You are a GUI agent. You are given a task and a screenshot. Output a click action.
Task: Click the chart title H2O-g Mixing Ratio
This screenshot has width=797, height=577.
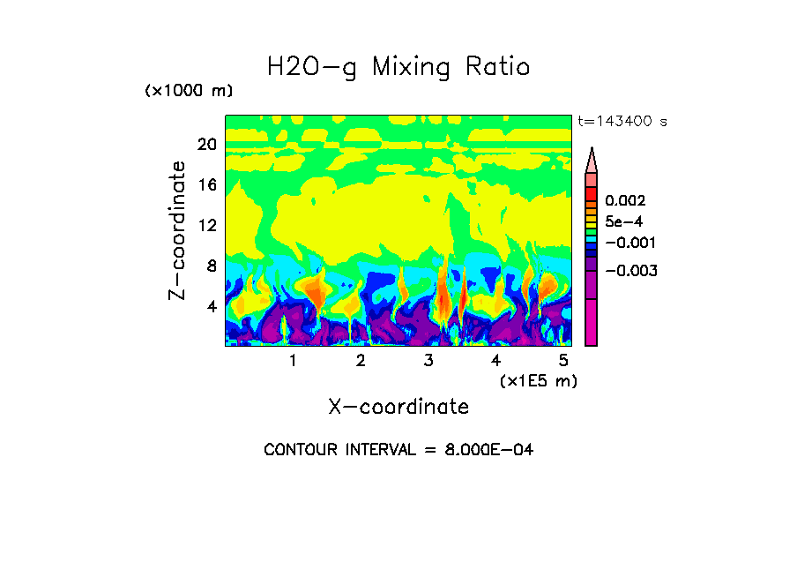[398, 67]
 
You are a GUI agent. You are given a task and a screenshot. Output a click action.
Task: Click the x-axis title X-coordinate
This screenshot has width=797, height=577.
[398, 407]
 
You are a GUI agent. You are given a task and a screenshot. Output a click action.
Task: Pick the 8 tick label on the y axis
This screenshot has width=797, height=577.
[210, 266]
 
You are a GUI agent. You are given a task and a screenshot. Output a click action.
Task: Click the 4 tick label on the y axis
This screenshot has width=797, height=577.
[210, 306]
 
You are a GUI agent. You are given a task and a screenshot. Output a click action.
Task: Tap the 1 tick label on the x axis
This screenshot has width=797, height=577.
[293, 361]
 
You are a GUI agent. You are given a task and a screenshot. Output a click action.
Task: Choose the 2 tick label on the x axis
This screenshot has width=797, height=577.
[361, 361]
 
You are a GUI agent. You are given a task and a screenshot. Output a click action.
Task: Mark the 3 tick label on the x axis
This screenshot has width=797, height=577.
[428, 361]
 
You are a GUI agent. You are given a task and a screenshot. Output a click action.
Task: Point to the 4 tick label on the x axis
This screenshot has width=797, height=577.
[495, 361]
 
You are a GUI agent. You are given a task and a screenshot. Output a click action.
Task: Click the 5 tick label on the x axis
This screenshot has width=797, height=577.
[563, 361]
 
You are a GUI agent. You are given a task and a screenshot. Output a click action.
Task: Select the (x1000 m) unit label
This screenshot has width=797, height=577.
[189, 92]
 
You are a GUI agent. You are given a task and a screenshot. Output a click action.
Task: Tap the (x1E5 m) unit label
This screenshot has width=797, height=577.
[538, 380]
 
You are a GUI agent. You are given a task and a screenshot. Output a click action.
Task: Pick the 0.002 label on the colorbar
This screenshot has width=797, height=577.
[624, 201]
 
